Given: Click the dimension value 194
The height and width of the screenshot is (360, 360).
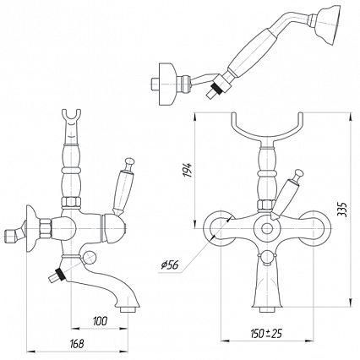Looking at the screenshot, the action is coord(187,170).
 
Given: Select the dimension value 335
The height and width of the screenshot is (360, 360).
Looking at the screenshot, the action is coord(342,209).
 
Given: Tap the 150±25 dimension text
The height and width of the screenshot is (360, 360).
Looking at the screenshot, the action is coord(266,334).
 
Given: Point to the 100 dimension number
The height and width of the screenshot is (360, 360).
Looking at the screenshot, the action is coord(100,321).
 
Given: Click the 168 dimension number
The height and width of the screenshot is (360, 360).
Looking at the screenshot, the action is coord(76,344).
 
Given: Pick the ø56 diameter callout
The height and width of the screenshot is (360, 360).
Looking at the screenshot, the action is coord(170,265).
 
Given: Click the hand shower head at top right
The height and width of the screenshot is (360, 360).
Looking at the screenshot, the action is coord(329,24).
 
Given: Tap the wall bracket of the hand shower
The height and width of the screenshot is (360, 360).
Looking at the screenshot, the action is coord(166,84).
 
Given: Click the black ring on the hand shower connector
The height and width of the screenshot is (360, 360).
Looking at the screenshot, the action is coord(217,86).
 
